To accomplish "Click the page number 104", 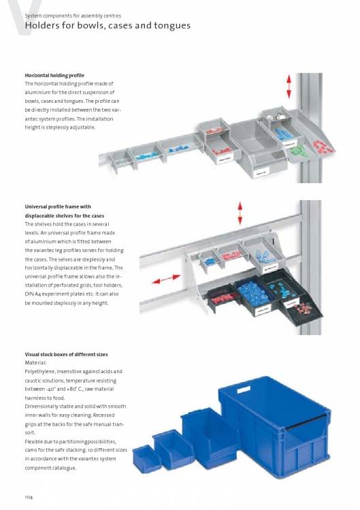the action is (29, 497).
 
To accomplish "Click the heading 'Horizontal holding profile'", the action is (54, 76).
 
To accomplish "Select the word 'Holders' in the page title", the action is (40, 25).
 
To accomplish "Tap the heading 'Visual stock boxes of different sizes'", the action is (66, 354).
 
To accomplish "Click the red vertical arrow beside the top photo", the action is (289, 86).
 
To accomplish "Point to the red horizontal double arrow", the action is (166, 279).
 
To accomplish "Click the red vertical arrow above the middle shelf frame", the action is (240, 213).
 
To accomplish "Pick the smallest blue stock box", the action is (146, 458).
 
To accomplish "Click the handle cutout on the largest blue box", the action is (244, 389).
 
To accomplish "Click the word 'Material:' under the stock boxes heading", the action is (36, 363).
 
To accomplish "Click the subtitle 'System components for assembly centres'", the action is (73, 16).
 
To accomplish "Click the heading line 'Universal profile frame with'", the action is (58, 207).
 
